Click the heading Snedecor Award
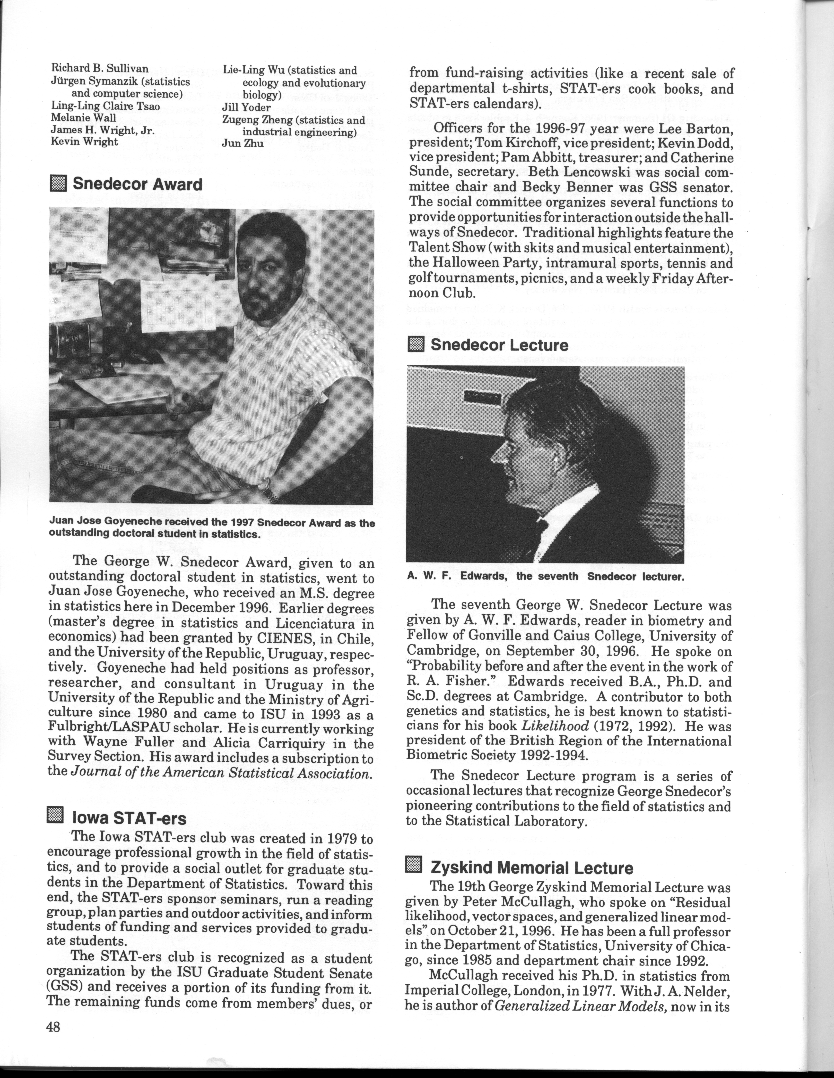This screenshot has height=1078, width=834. click(137, 185)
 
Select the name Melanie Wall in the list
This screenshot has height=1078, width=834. click(84, 118)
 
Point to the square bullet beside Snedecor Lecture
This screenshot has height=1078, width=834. click(416, 344)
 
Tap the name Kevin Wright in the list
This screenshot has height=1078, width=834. click(85, 142)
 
